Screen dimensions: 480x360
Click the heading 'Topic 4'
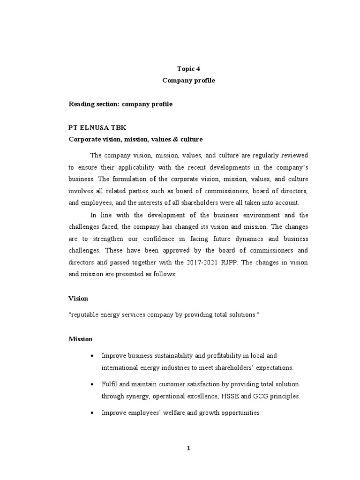click(182, 68)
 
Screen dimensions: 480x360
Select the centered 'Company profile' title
click(182, 80)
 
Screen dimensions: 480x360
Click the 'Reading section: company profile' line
click(120, 104)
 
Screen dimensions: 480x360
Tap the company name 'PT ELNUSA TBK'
click(97, 127)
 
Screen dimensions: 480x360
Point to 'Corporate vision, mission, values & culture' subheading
click(136, 139)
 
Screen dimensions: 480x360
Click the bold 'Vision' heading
click(78, 298)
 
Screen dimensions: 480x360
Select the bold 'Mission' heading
click(81, 339)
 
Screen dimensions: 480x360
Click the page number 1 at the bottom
click(188, 448)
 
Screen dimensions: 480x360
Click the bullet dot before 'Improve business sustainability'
click(90, 356)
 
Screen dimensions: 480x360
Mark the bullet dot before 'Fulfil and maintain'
click(90, 384)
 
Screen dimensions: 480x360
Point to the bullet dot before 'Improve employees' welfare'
click(90, 413)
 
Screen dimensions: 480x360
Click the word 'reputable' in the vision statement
click(84, 315)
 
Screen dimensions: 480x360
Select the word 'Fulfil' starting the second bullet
click(109, 384)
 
